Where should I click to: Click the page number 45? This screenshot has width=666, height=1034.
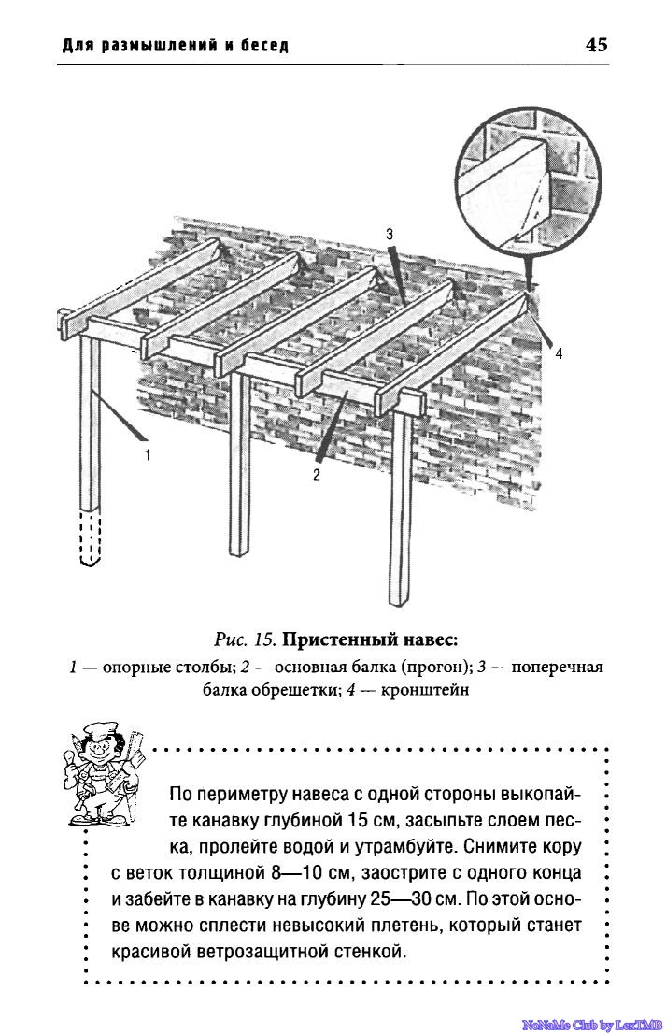tap(596, 44)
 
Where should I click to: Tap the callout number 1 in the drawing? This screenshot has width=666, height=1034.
tap(148, 455)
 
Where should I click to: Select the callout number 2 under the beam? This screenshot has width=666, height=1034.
tap(317, 475)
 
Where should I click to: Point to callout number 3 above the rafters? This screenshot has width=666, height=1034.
tap(389, 234)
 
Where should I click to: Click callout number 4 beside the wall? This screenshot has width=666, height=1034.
tap(559, 354)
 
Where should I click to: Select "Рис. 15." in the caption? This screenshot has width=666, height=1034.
tap(246, 640)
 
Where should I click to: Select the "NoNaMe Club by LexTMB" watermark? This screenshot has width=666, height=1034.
tap(591, 1025)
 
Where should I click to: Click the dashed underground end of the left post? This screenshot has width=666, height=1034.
tap(89, 538)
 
